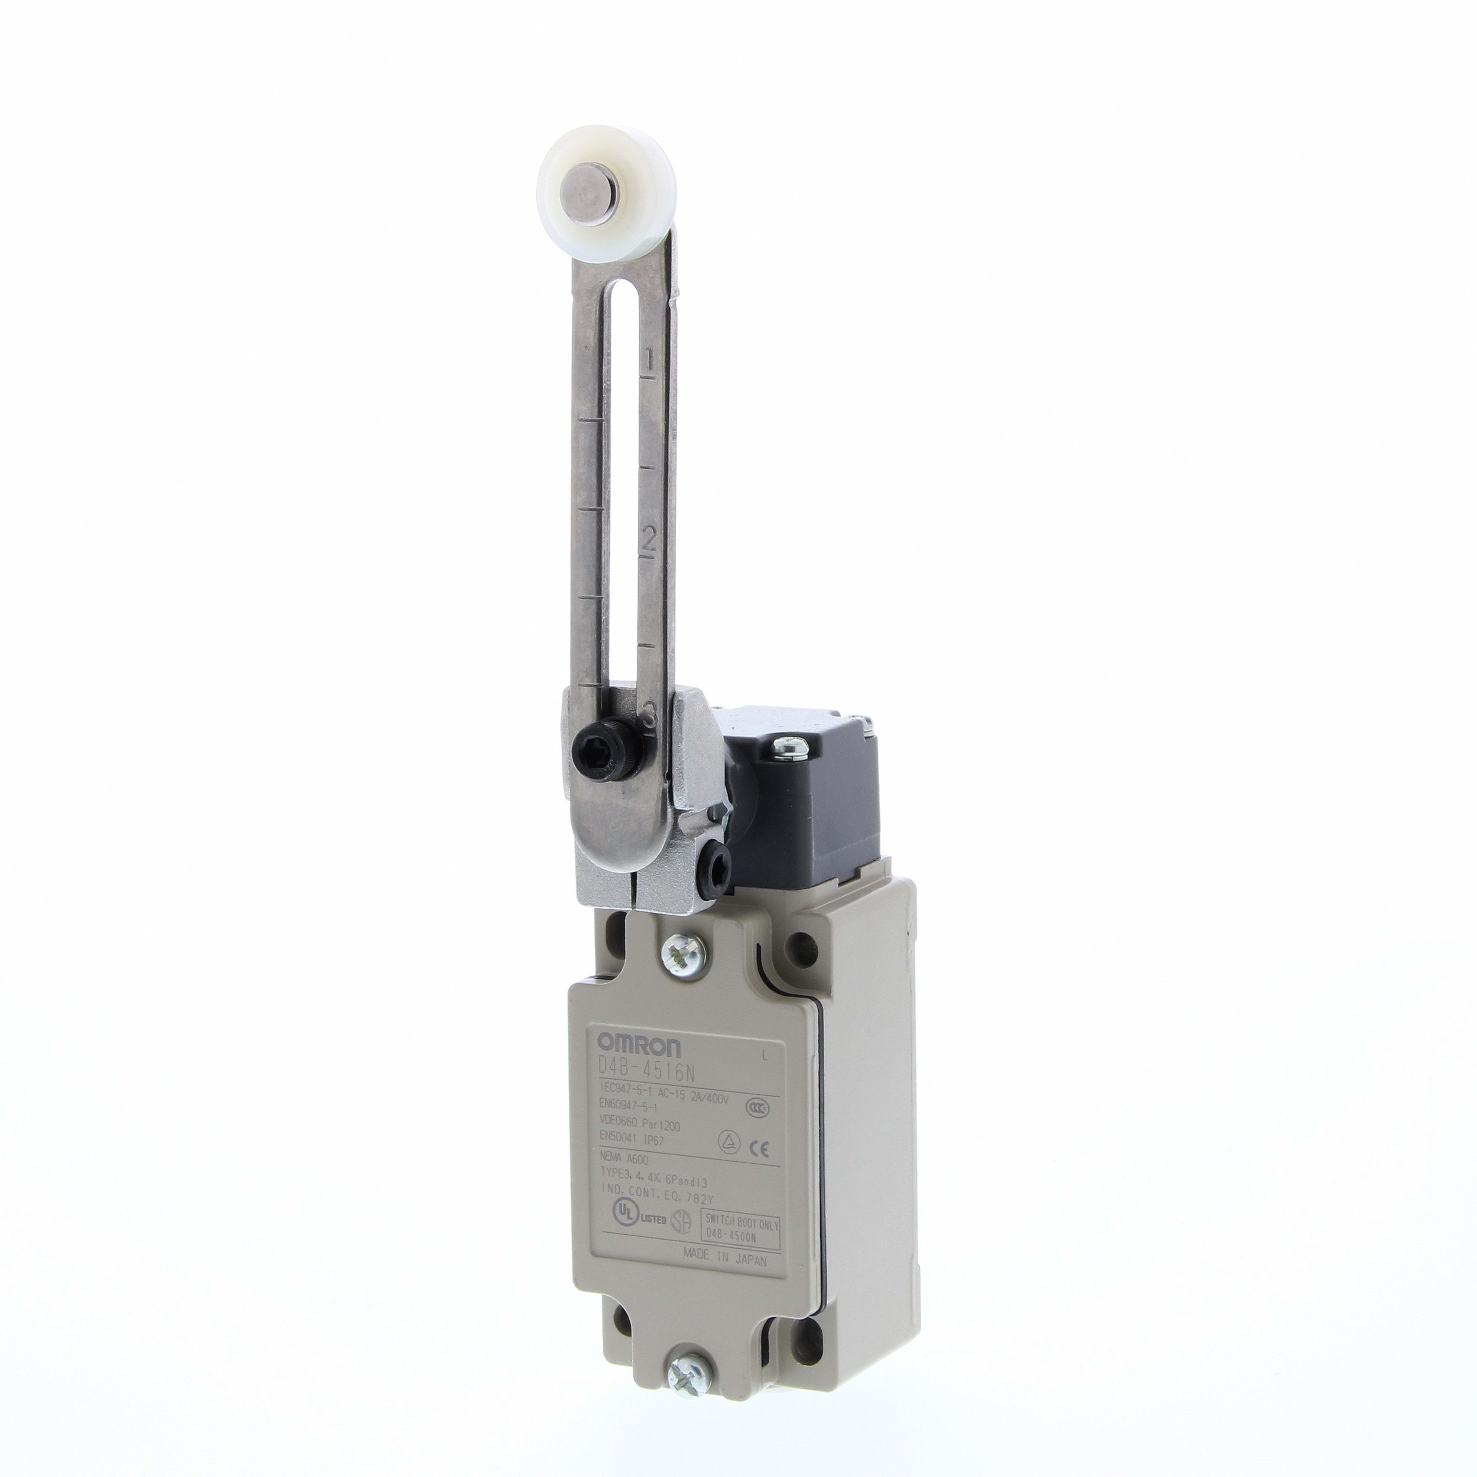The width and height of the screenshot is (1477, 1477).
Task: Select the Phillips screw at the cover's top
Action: pos(677,954)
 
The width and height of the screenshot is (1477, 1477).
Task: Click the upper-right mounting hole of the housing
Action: pos(802,942)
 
